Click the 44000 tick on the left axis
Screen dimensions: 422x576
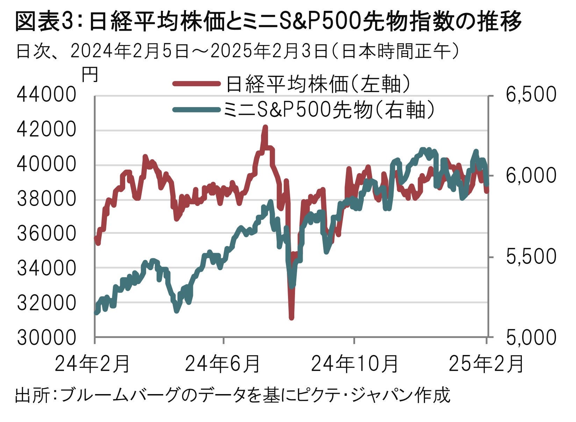[46, 95]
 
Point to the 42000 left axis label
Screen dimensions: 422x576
[46, 130]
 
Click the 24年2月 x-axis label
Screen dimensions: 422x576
[93, 364]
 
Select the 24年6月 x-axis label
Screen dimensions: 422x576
[222, 364]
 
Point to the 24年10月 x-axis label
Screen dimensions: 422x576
[354, 364]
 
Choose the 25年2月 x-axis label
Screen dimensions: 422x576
[486, 364]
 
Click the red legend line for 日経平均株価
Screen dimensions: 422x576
[197, 83]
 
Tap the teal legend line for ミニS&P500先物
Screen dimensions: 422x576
[197, 110]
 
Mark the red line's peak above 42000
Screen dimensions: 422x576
[265, 127]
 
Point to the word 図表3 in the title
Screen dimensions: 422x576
[43, 22]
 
